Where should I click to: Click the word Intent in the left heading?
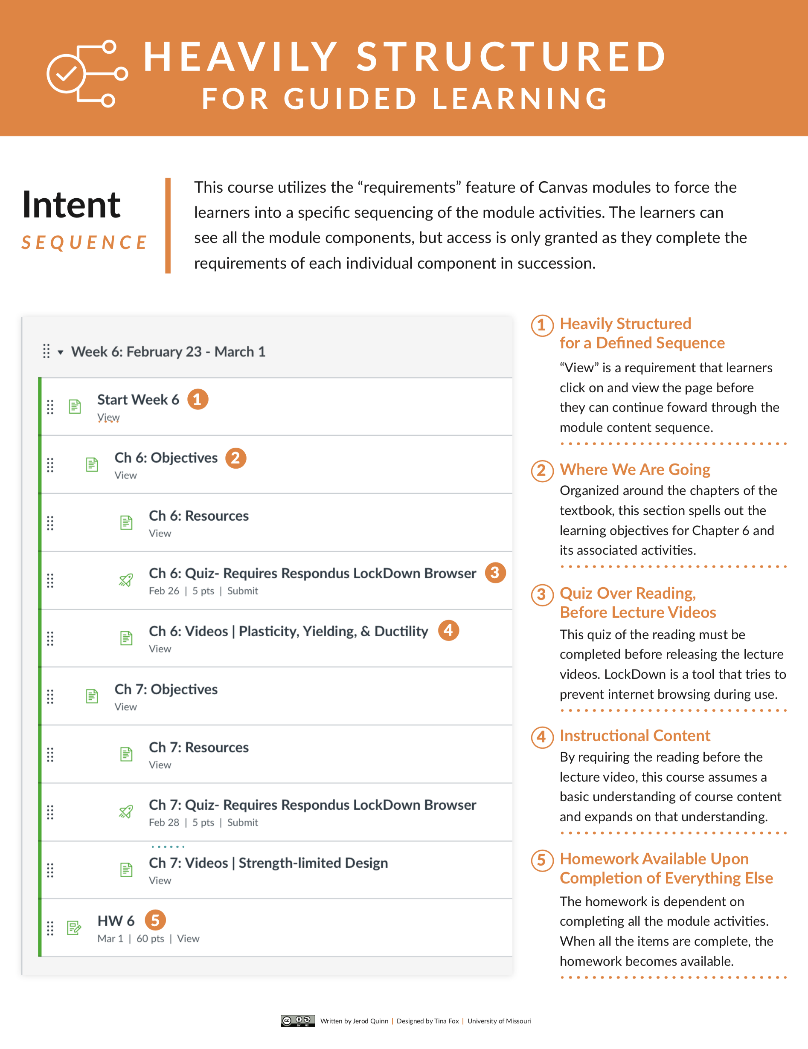coord(71,205)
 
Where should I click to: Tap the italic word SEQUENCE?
coord(84,243)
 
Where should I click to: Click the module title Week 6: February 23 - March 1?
coord(168,352)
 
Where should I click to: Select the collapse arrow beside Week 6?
coord(61,353)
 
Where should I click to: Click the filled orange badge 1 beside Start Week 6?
coord(198,399)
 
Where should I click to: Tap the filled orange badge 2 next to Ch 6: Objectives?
coord(235,458)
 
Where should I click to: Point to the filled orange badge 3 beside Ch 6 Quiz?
coord(495,573)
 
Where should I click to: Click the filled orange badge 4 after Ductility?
coord(448,630)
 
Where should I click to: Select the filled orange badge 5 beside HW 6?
coord(155,920)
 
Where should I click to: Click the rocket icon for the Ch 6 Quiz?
coord(126,580)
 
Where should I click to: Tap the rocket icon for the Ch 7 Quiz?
coord(126,812)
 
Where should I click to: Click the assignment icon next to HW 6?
coord(74,928)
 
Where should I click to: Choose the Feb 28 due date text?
coord(164,822)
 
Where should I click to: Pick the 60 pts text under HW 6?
coord(150,939)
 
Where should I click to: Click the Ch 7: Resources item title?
coord(198,748)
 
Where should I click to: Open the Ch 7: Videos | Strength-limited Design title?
coord(268,863)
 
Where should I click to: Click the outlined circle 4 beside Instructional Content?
coord(542,737)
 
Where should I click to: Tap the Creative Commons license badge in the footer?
coord(297,1021)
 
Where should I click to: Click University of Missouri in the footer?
coord(499,1021)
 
